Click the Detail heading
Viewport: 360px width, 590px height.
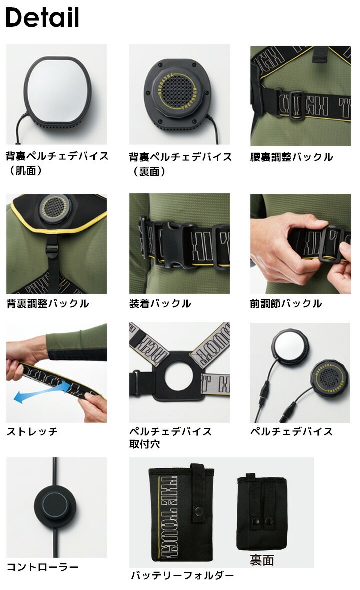coord(42,17)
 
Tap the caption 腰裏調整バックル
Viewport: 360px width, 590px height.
coord(291,157)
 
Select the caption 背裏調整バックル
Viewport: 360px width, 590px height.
coord(48,303)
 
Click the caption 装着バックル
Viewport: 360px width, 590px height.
coord(160,303)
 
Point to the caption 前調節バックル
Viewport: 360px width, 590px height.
coord(286,303)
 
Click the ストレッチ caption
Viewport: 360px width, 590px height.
coord(32,431)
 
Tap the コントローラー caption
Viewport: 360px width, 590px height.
coord(42,567)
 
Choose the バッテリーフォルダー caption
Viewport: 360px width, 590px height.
coord(182,575)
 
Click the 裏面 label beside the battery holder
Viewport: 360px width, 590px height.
coord(262,560)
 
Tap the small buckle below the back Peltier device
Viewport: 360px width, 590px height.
coord(52,250)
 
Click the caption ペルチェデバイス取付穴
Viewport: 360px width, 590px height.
coord(171,437)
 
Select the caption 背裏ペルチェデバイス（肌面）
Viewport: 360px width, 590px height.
coord(57,163)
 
